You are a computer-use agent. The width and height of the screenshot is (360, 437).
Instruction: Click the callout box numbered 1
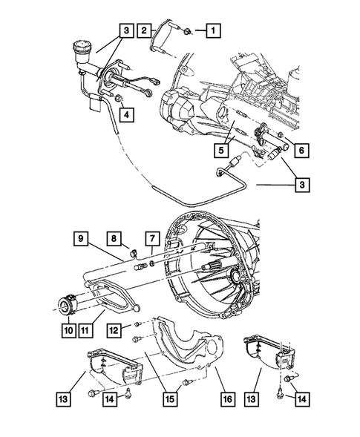213,31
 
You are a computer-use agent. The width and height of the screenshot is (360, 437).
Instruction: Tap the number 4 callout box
127,114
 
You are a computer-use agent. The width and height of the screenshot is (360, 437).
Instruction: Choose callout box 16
227,398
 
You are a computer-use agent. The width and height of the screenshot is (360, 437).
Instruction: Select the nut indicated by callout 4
119,98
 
